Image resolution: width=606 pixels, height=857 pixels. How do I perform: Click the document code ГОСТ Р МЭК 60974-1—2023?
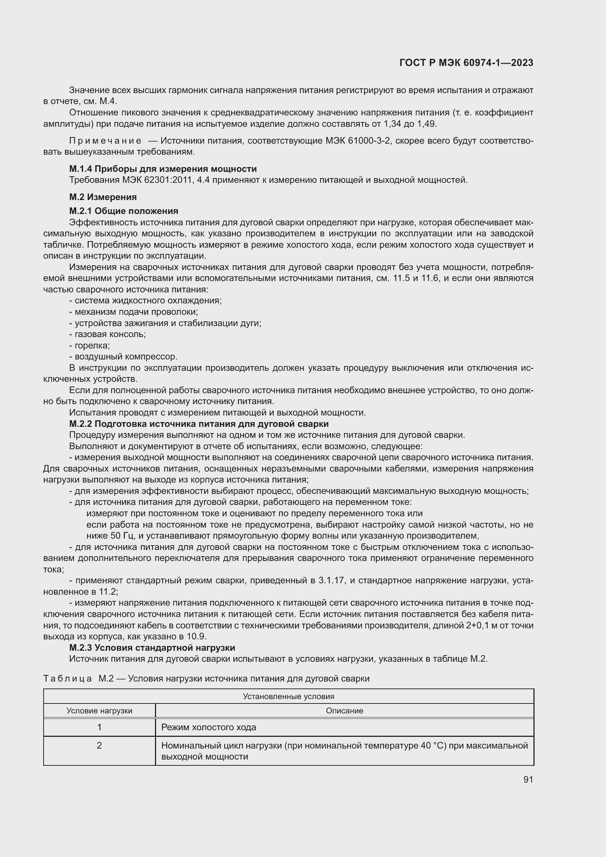coord(466,63)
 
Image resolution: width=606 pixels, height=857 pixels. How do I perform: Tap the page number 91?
coord(528,779)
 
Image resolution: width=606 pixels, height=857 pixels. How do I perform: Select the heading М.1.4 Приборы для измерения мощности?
coord(163,169)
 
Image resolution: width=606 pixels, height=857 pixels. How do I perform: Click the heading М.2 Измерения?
coord(103,197)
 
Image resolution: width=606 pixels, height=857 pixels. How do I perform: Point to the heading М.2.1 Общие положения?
coord(123,211)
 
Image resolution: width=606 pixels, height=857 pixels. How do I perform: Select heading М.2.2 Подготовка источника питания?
coord(199,424)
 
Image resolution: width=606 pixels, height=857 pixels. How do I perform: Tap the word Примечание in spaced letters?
coord(105,141)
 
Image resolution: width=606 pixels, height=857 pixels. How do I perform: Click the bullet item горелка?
coord(92,345)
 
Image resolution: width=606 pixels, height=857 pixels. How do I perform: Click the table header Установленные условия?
coord(288,696)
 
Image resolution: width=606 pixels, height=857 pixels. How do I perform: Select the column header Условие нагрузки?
coord(99,711)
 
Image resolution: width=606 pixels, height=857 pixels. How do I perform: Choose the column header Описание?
coord(344,711)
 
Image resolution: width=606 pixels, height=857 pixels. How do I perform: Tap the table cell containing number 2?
coord(99,746)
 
